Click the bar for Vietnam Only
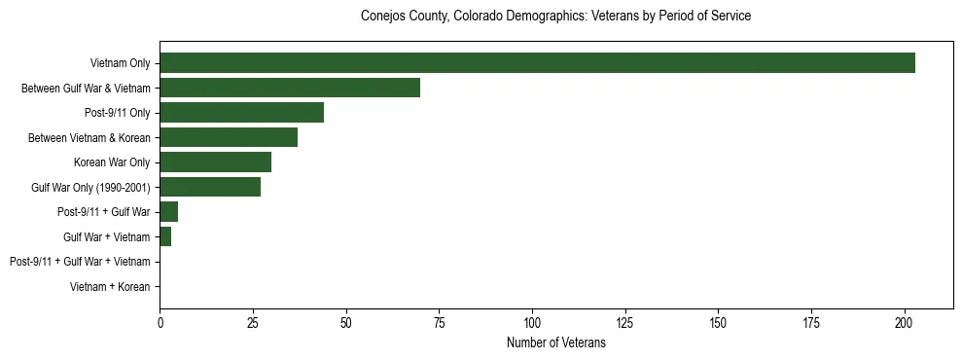point(537,63)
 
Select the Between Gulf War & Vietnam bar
point(290,89)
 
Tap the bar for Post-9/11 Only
point(241,113)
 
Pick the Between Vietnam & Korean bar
point(229,138)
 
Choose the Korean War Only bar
point(215,162)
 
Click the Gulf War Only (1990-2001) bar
point(210,188)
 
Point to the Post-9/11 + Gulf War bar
point(168,212)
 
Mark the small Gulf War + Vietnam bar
point(165,237)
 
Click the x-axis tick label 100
point(532,322)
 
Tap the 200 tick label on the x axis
point(905,322)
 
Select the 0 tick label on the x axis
point(160,322)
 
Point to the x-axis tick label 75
point(439,322)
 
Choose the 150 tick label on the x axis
point(719,322)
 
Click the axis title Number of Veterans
point(555,342)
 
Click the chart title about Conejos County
point(555,17)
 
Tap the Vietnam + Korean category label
point(110,287)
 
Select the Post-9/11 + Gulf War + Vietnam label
point(80,262)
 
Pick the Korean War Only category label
point(112,162)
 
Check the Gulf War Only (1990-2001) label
point(90,188)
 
